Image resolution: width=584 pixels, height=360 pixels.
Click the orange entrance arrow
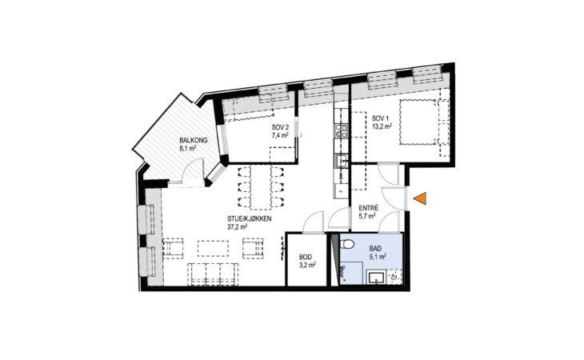click(x=421, y=198)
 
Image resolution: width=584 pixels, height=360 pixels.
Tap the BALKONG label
click(x=194, y=140)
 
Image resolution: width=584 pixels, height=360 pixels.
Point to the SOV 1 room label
click(x=380, y=118)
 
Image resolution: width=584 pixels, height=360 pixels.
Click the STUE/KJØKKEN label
click(x=249, y=219)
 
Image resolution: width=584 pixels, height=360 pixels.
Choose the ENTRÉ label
click(x=369, y=209)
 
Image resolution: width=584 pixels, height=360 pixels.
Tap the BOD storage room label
click(x=306, y=258)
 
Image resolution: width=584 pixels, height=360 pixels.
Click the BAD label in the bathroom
click(x=375, y=248)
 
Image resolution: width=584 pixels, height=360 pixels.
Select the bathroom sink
click(x=376, y=278)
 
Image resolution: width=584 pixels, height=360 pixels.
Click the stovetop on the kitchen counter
click(x=341, y=131)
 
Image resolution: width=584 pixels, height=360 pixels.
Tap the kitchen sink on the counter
click(x=341, y=161)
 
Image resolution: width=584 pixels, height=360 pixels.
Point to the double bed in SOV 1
click(x=418, y=122)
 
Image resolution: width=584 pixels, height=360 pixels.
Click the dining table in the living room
click(x=261, y=187)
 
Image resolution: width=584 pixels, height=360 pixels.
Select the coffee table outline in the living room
click(x=213, y=248)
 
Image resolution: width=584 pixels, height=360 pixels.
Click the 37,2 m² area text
click(x=238, y=226)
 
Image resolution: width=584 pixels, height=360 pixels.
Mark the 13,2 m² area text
click(x=382, y=126)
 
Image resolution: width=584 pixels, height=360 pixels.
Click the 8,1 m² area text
click(x=188, y=148)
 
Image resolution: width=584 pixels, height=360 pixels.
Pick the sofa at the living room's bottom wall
click(x=214, y=274)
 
